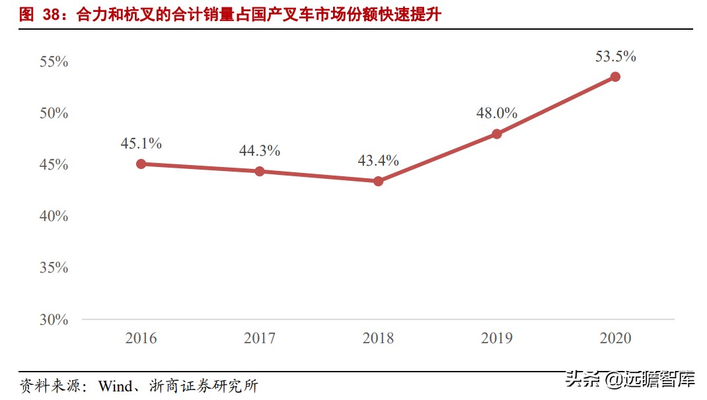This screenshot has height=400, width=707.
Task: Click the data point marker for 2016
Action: click(x=141, y=164)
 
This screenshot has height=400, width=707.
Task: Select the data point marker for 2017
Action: click(x=260, y=172)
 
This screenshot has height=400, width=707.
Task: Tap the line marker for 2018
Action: click(x=378, y=181)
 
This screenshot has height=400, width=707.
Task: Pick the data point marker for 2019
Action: click(x=497, y=134)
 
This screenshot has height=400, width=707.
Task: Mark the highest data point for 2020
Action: click(x=615, y=77)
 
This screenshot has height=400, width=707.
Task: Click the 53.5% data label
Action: click(x=615, y=57)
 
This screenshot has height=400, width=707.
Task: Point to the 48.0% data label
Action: click(x=497, y=113)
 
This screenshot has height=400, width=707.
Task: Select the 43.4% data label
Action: click(x=378, y=160)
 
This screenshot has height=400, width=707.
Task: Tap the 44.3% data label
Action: click(x=260, y=151)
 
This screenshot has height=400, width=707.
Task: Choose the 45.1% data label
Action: click(x=141, y=143)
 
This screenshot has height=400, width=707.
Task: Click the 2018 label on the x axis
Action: click(x=378, y=339)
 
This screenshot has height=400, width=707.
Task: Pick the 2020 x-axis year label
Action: click(x=615, y=339)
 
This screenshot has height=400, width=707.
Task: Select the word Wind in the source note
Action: click(x=115, y=386)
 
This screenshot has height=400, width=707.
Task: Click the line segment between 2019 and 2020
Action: click(x=556, y=106)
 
